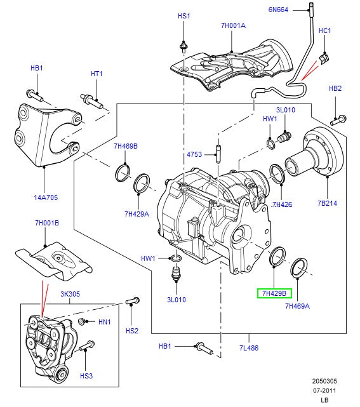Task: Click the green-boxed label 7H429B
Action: point(274,293)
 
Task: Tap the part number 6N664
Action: point(278,10)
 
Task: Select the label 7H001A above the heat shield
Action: point(233,25)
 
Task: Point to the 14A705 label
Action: point(46,197)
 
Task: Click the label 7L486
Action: point(249,348)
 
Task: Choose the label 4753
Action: point(194,154)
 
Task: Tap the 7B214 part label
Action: point(327,203)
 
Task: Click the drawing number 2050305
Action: point(324,381)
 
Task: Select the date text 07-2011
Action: point(324,390)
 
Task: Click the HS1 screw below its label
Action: point(183,47)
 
